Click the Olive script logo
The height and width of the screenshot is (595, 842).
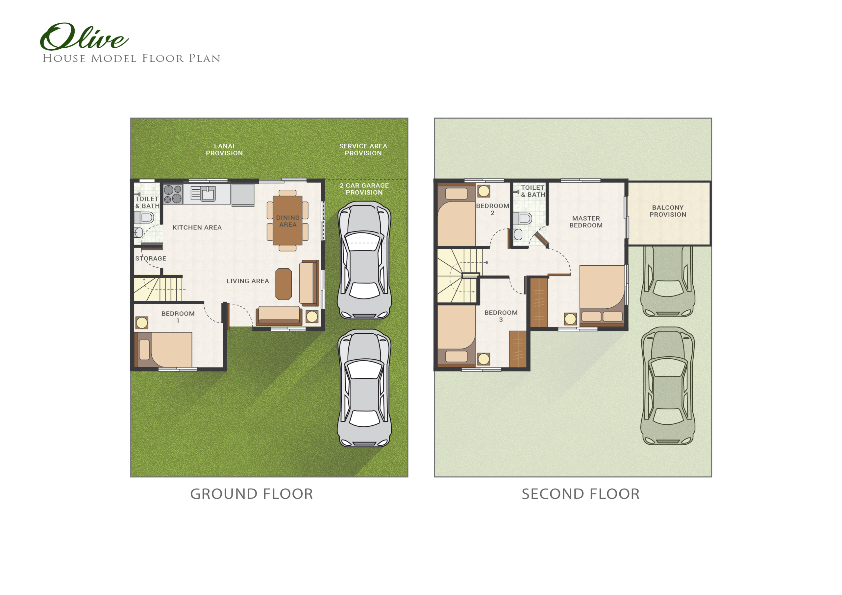84,37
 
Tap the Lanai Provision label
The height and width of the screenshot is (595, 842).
224,150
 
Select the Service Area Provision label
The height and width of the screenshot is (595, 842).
363,150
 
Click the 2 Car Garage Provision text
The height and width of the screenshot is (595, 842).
364,189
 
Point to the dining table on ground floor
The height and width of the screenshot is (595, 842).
287,220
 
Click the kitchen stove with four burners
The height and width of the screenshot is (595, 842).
173,194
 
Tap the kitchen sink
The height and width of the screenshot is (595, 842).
208,194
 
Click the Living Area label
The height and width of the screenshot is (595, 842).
248,281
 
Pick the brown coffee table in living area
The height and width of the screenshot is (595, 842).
284,284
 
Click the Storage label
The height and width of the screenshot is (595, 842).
151,258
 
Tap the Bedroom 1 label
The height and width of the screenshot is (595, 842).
178,317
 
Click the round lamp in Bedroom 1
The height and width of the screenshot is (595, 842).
142,322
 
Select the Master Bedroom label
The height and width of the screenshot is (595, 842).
586,222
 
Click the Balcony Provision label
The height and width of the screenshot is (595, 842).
668,211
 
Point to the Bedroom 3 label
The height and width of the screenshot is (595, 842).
501,316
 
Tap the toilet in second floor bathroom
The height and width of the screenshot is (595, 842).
523,219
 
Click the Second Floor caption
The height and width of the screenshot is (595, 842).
581,494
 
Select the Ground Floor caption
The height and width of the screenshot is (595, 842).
252,494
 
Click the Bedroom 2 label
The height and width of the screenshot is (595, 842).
492,209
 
